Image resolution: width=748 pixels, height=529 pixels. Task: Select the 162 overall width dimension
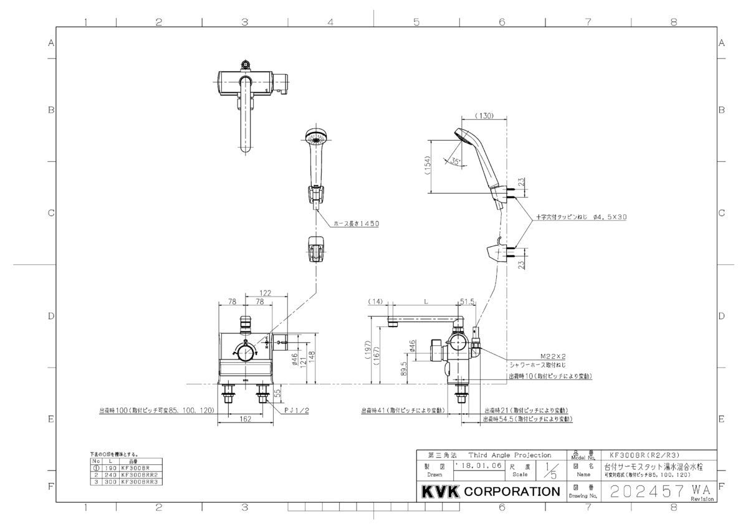[x=245, y=419]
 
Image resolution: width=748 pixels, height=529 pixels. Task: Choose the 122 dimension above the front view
[x=265, y=293]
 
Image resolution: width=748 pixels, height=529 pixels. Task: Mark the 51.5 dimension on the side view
[x=467, y=301]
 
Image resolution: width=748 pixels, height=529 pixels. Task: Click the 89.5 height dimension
[x=404, y=369]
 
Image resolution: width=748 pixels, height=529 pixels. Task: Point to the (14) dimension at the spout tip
[x=375, y=301]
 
